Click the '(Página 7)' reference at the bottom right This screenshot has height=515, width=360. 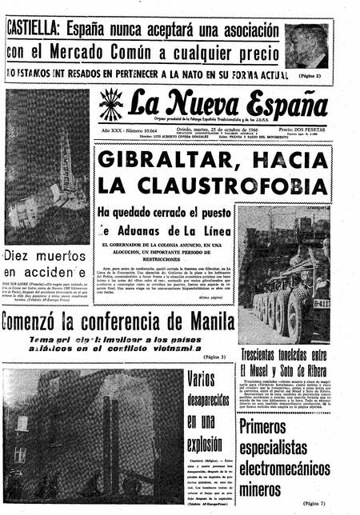click(318, 503)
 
